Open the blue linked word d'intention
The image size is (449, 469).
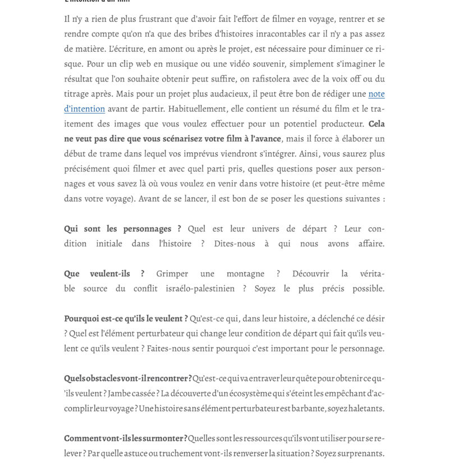pos(84,109)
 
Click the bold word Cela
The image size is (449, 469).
pos(377,124)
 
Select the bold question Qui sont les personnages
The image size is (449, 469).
pos(122,229)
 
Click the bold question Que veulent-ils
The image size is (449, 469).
pos(104,274)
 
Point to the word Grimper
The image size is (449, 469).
pos(172,274)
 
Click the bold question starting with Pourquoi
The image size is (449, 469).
pos(126,318)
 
